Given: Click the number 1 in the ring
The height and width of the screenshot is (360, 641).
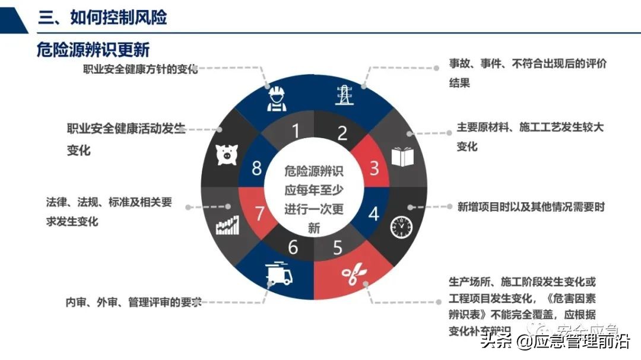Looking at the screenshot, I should (x=296, y=131).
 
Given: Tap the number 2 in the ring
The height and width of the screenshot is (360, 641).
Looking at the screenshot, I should (x=342, y=132).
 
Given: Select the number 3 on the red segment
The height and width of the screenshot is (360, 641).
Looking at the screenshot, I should (x=375, y=168).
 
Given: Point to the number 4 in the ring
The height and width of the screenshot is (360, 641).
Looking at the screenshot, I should (x=374, y=213).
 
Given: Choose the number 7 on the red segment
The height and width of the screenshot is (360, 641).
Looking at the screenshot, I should (x=259, y=214).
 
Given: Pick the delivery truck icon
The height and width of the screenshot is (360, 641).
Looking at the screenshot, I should (x=279, y=275).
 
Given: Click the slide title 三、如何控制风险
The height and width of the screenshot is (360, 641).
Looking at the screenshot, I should (x=103, y=18).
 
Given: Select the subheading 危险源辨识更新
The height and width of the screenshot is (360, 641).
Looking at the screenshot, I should (x=93, y=49).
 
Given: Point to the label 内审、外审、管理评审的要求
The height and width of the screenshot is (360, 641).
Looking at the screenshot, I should (x=134, y=302).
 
